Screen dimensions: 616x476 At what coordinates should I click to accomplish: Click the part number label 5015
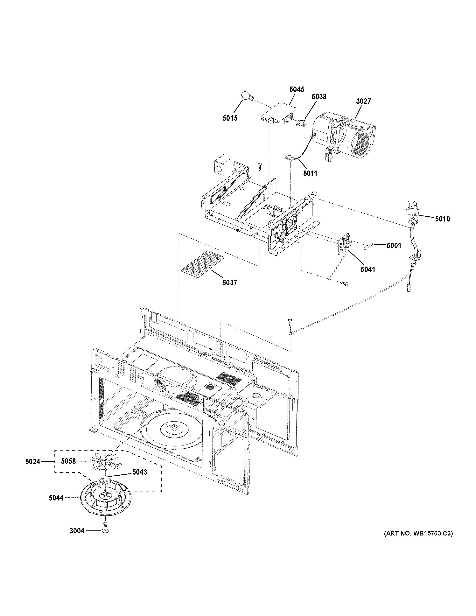point(230,118)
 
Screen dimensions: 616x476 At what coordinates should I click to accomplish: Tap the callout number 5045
point(297,90)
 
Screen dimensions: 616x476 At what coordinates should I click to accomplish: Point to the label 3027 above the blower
point(363,101)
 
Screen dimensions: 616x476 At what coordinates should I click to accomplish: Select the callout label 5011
point(310,173)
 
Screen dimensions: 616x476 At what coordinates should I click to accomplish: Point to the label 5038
point(319,97)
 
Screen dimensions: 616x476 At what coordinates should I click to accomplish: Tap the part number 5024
point(33,462)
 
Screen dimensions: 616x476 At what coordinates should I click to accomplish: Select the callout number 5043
point(140,472)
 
